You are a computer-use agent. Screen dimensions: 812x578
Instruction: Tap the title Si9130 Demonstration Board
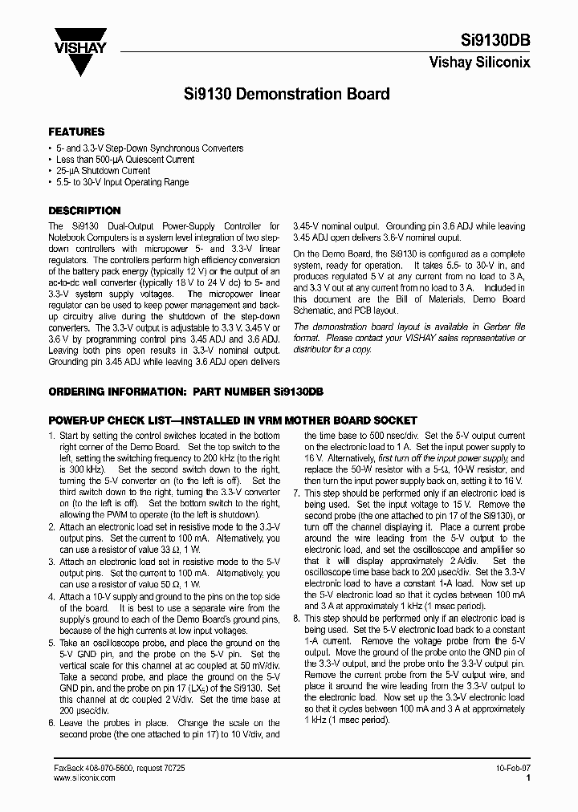[287, 94]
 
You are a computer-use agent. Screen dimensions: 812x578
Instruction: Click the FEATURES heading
[76, 132]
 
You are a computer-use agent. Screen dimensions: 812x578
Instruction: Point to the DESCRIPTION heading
[84, 211]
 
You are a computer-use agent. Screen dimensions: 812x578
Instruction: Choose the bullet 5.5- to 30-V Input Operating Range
[122, 182]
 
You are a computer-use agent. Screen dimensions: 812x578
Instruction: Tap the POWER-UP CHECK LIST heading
[233, 420]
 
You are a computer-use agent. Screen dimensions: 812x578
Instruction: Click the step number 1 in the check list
[51, 435]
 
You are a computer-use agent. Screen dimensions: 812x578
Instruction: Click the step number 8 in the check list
[296, 619]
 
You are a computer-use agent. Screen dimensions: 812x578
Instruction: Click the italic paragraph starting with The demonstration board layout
[409, 338]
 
